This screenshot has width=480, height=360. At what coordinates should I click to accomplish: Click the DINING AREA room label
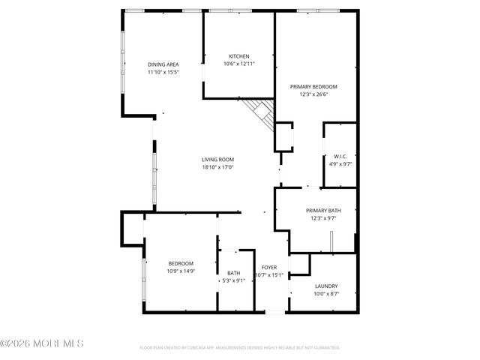tap(163, 64)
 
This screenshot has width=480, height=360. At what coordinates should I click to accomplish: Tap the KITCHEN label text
tap(239, 56)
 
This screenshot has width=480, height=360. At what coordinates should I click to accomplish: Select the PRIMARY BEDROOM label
tap(313, 86)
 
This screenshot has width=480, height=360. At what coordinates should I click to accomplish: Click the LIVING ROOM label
tap(217, 159)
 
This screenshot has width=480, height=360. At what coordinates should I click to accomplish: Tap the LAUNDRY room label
tap(325, 286)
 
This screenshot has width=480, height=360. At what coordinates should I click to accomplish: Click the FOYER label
tap(269, 267)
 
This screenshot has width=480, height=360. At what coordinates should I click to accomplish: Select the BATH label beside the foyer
tap(234, 273)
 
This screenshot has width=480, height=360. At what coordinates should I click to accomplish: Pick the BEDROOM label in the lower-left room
tap(181, 263)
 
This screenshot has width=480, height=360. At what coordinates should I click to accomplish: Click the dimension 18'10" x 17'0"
tap(217, 167)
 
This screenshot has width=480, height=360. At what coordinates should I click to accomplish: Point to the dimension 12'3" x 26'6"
tap(313, 94)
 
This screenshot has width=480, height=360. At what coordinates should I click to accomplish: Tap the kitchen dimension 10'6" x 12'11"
tap(239, 64)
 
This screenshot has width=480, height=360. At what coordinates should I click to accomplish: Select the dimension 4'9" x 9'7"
tap(338, 163)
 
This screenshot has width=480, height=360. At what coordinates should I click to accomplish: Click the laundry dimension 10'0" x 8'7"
tap(325, 293)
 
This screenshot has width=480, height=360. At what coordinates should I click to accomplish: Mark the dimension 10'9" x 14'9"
tap(181, 271)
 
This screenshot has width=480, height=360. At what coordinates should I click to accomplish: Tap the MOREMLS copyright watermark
tap(42, 343)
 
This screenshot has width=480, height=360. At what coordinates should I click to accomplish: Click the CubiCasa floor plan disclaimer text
tap(240, 348)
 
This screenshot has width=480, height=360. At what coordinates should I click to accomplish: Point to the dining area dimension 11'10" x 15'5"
tap(163, 73)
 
